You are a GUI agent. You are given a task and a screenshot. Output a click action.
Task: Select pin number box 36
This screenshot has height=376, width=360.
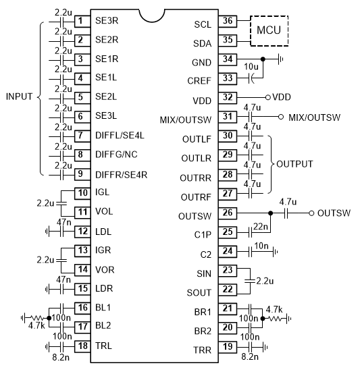[x=228, y=21]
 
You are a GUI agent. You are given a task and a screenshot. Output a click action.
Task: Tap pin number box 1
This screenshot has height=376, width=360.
[x=82, y=22]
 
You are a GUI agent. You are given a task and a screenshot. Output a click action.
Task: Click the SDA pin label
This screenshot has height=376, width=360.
[x=203, y=43]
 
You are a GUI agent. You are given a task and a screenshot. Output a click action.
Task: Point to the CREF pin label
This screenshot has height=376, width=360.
[x=199, y=81]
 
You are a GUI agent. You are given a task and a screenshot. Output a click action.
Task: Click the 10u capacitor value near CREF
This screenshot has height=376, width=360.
[x=251, y=67]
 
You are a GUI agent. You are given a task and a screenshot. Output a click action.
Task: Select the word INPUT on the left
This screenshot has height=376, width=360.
[x=19, y=97]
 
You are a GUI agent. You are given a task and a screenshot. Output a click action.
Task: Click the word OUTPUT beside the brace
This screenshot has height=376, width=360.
[x=294, y=164]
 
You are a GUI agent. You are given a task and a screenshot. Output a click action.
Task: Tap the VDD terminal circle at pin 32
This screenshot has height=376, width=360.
[x=268, y=97]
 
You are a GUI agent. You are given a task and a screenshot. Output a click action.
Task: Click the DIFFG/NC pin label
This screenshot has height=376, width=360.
[x=116, y=155]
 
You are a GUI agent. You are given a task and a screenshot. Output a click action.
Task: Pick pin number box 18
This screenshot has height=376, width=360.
[x=82, y=346]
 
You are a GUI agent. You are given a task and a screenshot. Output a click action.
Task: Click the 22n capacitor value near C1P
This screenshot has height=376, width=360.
[x=261, y=226]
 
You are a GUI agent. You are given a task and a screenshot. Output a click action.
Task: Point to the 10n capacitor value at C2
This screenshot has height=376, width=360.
[x=261, y=246]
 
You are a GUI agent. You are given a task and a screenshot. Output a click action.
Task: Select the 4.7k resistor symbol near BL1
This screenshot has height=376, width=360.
[x=36, y=318]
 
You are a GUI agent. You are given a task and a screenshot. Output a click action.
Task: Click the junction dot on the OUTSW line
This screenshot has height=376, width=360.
[x=270, y=213]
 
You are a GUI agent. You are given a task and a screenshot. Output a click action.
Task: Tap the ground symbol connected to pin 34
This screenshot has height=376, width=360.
[x=280, y=59]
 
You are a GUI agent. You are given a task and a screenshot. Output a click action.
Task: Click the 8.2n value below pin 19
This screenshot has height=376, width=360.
[x=250, y=356]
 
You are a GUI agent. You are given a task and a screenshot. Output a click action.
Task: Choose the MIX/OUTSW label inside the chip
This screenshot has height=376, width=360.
[x=186, y=119]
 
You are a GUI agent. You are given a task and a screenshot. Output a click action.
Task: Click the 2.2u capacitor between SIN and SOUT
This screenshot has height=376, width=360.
[x=250, y=281]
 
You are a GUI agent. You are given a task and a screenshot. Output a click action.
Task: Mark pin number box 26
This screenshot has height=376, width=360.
[x=228, y=213]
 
